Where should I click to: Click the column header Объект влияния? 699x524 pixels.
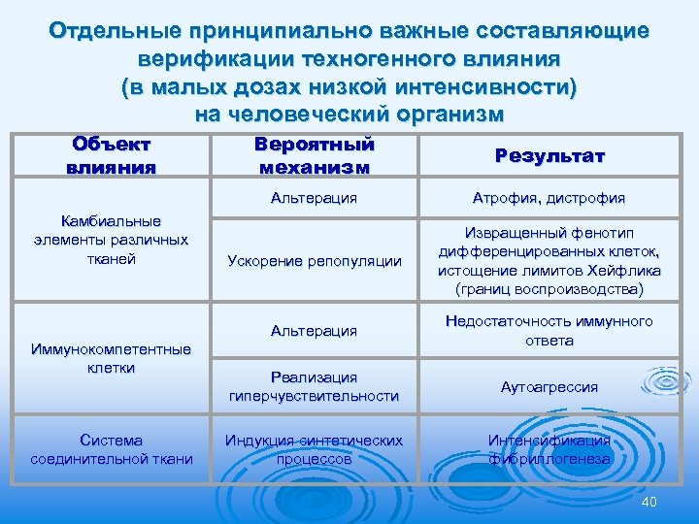click(x=112, y=155)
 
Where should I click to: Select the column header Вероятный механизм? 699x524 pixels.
click(x=314, y=155)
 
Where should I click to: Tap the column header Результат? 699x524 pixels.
click(x=549, y=156)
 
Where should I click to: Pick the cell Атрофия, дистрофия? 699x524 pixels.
click(x=549, y=198)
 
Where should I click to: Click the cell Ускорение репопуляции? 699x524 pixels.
click(x=314, y=260)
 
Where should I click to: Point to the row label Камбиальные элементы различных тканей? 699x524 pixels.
click(x=110, y=240)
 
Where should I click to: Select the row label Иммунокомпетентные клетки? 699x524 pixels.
click(x=110, y=358)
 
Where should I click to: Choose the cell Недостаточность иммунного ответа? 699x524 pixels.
click(x=549, y=331)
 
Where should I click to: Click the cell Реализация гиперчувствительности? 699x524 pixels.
click(x=314, y=386)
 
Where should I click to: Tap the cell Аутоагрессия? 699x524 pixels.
click(x=549, y=386)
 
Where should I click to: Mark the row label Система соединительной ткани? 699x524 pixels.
click(x=112, y=449)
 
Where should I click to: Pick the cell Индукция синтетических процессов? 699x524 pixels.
click(x=314, y=449)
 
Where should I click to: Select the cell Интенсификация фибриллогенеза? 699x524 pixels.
click(x=549, y=449)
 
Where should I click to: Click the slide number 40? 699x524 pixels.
click(x=649, y=501)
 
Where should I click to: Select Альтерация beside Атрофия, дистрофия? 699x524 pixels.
click(x=314, y=198)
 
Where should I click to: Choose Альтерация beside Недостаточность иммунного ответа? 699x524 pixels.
click(x=314, y=331)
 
